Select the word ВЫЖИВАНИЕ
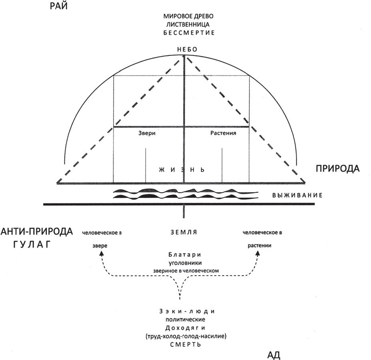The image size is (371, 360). click(x=297, y=195)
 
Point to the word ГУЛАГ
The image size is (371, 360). click(x=31, y=245)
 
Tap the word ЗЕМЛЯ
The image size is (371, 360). click(x=184, y=232)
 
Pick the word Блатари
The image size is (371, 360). click(x=185, y=255)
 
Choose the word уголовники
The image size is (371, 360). click(x=185, y=262)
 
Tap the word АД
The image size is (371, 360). click(x=273, y=355)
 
